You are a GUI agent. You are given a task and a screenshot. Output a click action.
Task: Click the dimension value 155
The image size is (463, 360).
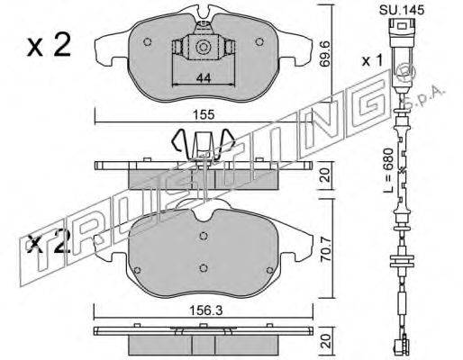click(204, 115)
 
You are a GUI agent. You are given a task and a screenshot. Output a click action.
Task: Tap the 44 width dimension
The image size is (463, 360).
click(204, 78)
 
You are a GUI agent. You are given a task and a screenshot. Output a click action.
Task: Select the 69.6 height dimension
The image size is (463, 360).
click(325, 54)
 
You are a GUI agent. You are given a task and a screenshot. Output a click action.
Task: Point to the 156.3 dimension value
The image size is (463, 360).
click(205, 310)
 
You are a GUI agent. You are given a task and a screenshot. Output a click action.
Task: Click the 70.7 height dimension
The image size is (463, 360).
click(326, 249)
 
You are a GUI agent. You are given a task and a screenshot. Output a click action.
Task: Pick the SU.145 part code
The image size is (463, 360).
click(402, 10)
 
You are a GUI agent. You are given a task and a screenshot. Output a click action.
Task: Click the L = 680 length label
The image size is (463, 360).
click(389, 170)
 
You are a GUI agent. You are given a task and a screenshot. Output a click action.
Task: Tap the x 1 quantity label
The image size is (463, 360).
click(372, 61)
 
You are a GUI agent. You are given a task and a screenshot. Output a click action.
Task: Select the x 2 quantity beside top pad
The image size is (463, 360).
click(49, 44)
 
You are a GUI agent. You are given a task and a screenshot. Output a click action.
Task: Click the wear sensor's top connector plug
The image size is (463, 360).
click(402, 33)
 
